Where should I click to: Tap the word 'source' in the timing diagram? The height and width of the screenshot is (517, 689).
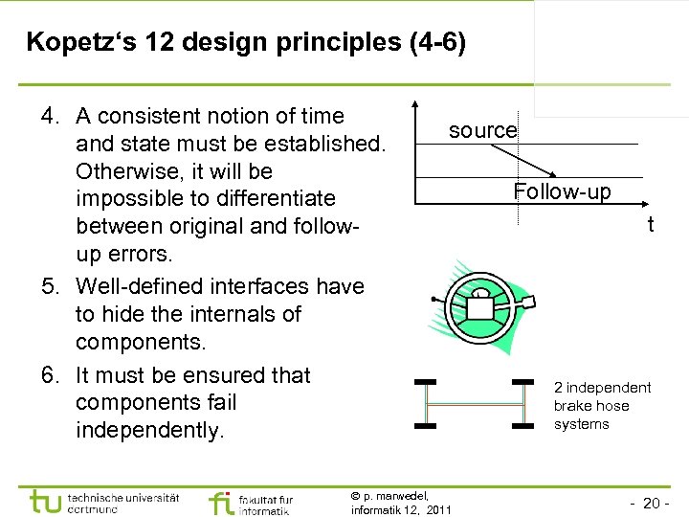(482, 130)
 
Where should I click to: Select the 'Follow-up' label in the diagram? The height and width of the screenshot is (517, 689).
(562, 191)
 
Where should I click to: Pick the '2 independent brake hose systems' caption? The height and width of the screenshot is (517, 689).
(602, 405)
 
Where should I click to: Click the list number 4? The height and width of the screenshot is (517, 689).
(50, 117)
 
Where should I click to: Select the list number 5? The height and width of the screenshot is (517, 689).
(50, 286)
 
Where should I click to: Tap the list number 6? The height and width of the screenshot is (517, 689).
(50, 375)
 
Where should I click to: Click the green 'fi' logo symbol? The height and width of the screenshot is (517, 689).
(220, 501)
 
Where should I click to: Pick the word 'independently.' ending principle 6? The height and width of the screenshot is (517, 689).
(148, 430)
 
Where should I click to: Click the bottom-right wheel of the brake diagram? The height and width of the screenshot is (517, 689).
(522, 423)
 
